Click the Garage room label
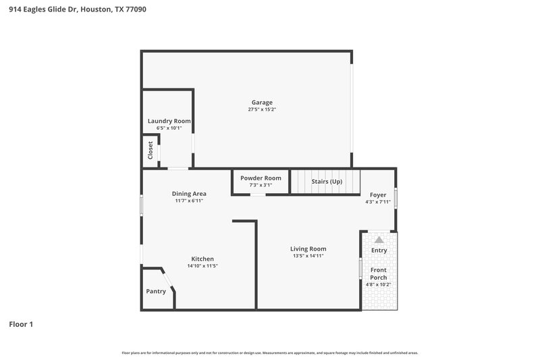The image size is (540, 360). [262, 103]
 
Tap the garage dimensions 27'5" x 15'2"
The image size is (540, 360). [262, 109]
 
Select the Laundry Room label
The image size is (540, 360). [169, 121]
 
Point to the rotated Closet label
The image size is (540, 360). [150, 150]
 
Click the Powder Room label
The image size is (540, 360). [261, 178]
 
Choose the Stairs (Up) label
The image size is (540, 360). [326, 182]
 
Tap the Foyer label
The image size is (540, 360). [378, 195]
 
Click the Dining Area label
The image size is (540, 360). [189, 194]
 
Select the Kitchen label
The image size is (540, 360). [202, 259]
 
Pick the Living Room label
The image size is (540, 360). [308, 249]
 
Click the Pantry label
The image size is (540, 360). [156, 292]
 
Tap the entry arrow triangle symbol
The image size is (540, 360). [379, 239]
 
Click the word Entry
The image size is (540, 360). [379, 251]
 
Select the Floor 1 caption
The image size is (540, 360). [21, 324]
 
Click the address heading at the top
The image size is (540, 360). [78, 9]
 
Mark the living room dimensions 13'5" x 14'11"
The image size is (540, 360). [308, 256]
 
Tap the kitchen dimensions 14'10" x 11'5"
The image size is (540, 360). [202, 266]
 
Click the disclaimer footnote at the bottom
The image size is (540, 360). [270, 353]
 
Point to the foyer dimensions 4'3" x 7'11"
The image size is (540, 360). [378, 201]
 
